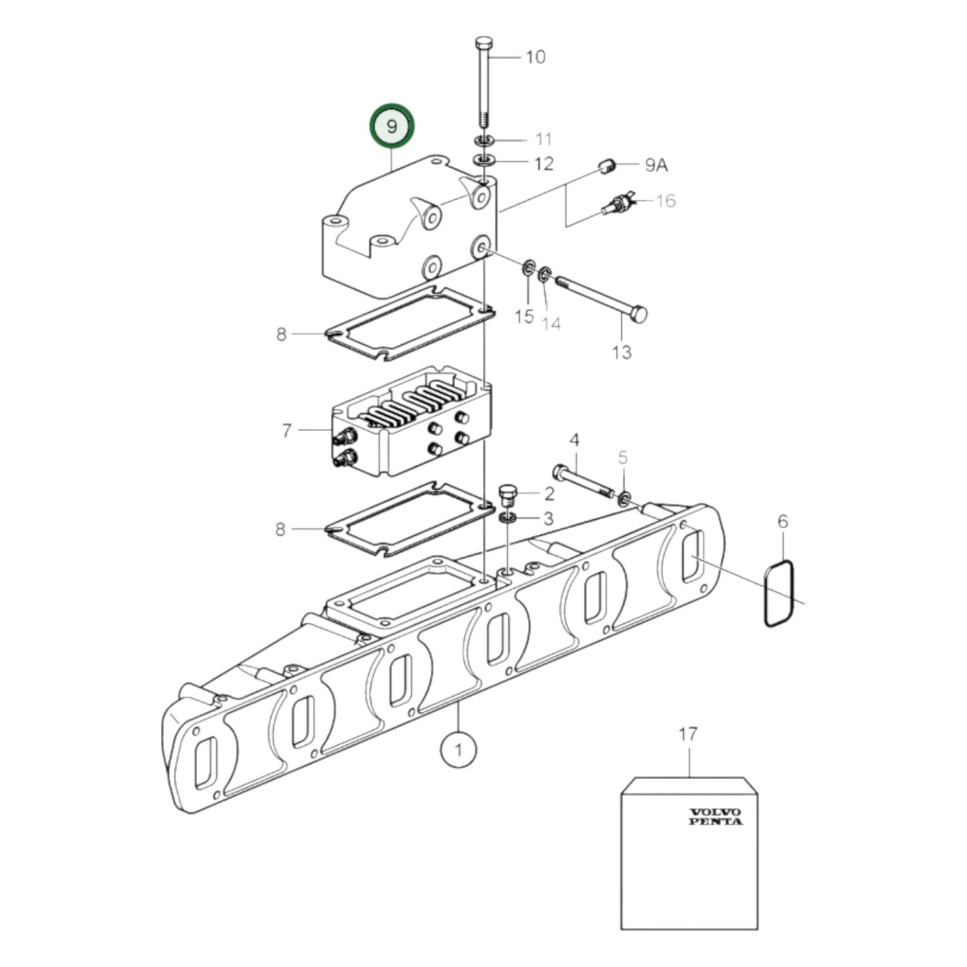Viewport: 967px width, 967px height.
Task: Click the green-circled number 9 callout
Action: click(392, 126)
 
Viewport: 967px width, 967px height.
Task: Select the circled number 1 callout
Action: click(458, 750)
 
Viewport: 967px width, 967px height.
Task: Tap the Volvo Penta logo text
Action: click(715, 816)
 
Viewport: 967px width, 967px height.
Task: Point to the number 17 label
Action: click(688, 734)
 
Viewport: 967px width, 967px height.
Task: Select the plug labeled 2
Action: click(509, 496)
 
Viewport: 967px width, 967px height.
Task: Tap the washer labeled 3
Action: click(509, 518)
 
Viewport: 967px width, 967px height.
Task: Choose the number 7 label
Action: click(286, 430)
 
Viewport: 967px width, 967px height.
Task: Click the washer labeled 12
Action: click(483, 161)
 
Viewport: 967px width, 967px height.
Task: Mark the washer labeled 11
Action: click(483, 141)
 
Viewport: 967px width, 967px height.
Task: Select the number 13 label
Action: click(622, 351)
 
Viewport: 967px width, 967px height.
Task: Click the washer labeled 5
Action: click(624, 498)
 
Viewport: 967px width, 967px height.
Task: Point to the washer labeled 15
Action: click(528, 269)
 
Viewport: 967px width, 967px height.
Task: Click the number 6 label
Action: click(783, 521)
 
